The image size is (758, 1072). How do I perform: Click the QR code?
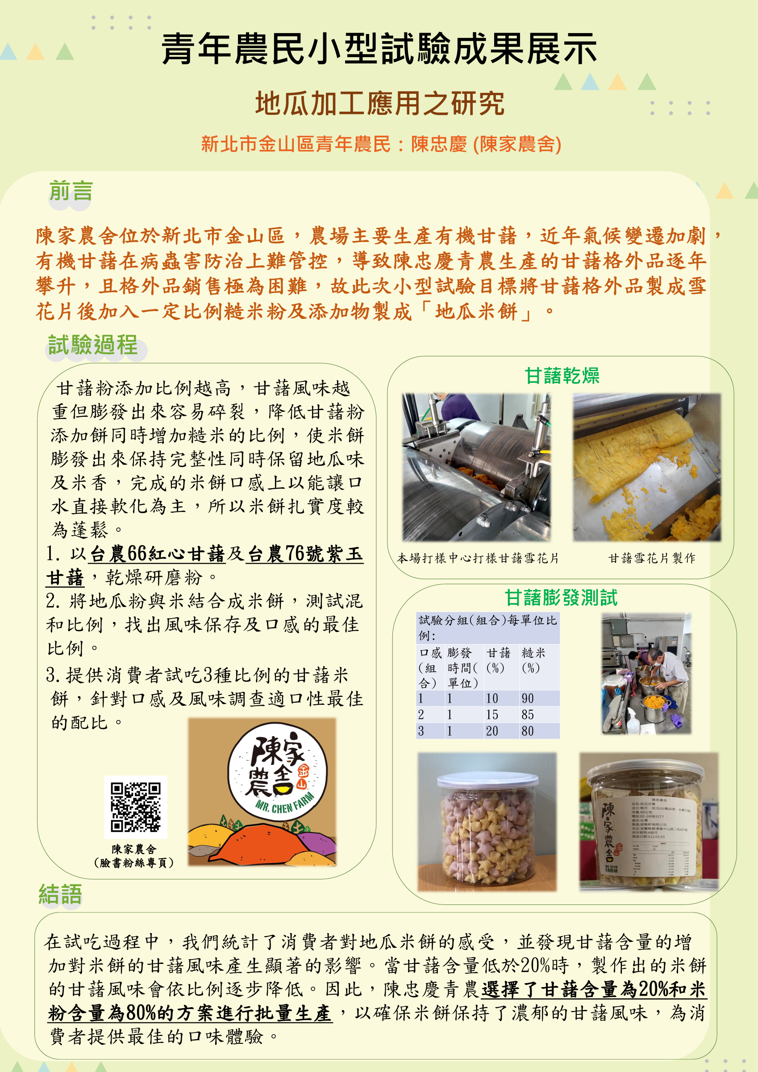coord(135,807)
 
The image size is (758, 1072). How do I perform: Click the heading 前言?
coord(71,191)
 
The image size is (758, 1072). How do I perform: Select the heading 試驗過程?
coord(93,346)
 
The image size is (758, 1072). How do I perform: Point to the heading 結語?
coord(60,894)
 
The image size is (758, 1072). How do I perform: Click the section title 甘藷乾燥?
coord(562,376)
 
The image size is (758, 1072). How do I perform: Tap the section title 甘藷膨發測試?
coord(561,598)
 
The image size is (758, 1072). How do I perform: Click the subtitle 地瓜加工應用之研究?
coord(379,103)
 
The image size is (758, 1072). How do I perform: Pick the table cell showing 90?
coord(528,699)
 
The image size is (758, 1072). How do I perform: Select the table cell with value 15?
coord(492,715)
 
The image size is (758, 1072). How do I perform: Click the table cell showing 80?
coord(528,731)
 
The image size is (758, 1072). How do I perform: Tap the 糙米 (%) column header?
coord(533,660)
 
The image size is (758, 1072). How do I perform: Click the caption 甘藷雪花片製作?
coord(652,558)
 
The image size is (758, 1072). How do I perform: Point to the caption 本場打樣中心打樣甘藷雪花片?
coord(478,558)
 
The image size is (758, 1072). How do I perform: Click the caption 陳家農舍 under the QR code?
coord(134,849)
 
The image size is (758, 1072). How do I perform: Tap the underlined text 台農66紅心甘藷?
coord(157,554)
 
